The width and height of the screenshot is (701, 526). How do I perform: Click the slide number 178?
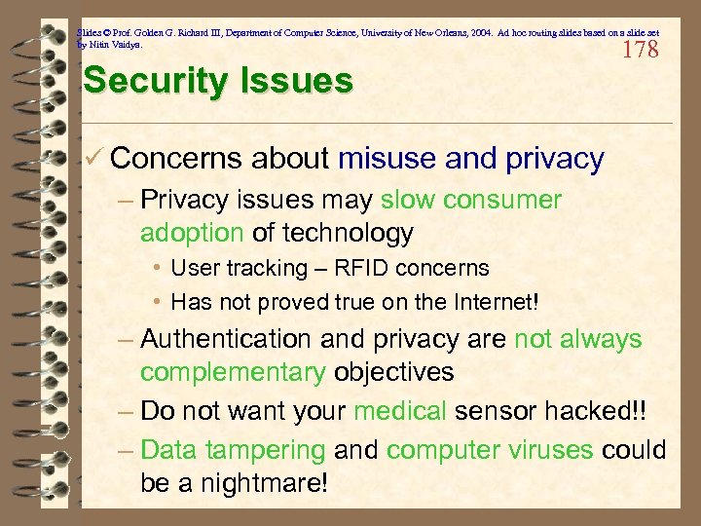click(640, 50)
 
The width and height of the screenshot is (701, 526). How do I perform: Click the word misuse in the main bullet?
click(387, 158)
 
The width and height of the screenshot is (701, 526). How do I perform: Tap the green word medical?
click(400, 411)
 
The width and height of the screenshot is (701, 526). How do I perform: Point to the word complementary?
click(233, 372)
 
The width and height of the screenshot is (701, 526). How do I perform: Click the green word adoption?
click(192, 234)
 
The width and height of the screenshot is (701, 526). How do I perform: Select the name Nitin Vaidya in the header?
click(116, 45)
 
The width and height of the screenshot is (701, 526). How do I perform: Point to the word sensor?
click(500, 411)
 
